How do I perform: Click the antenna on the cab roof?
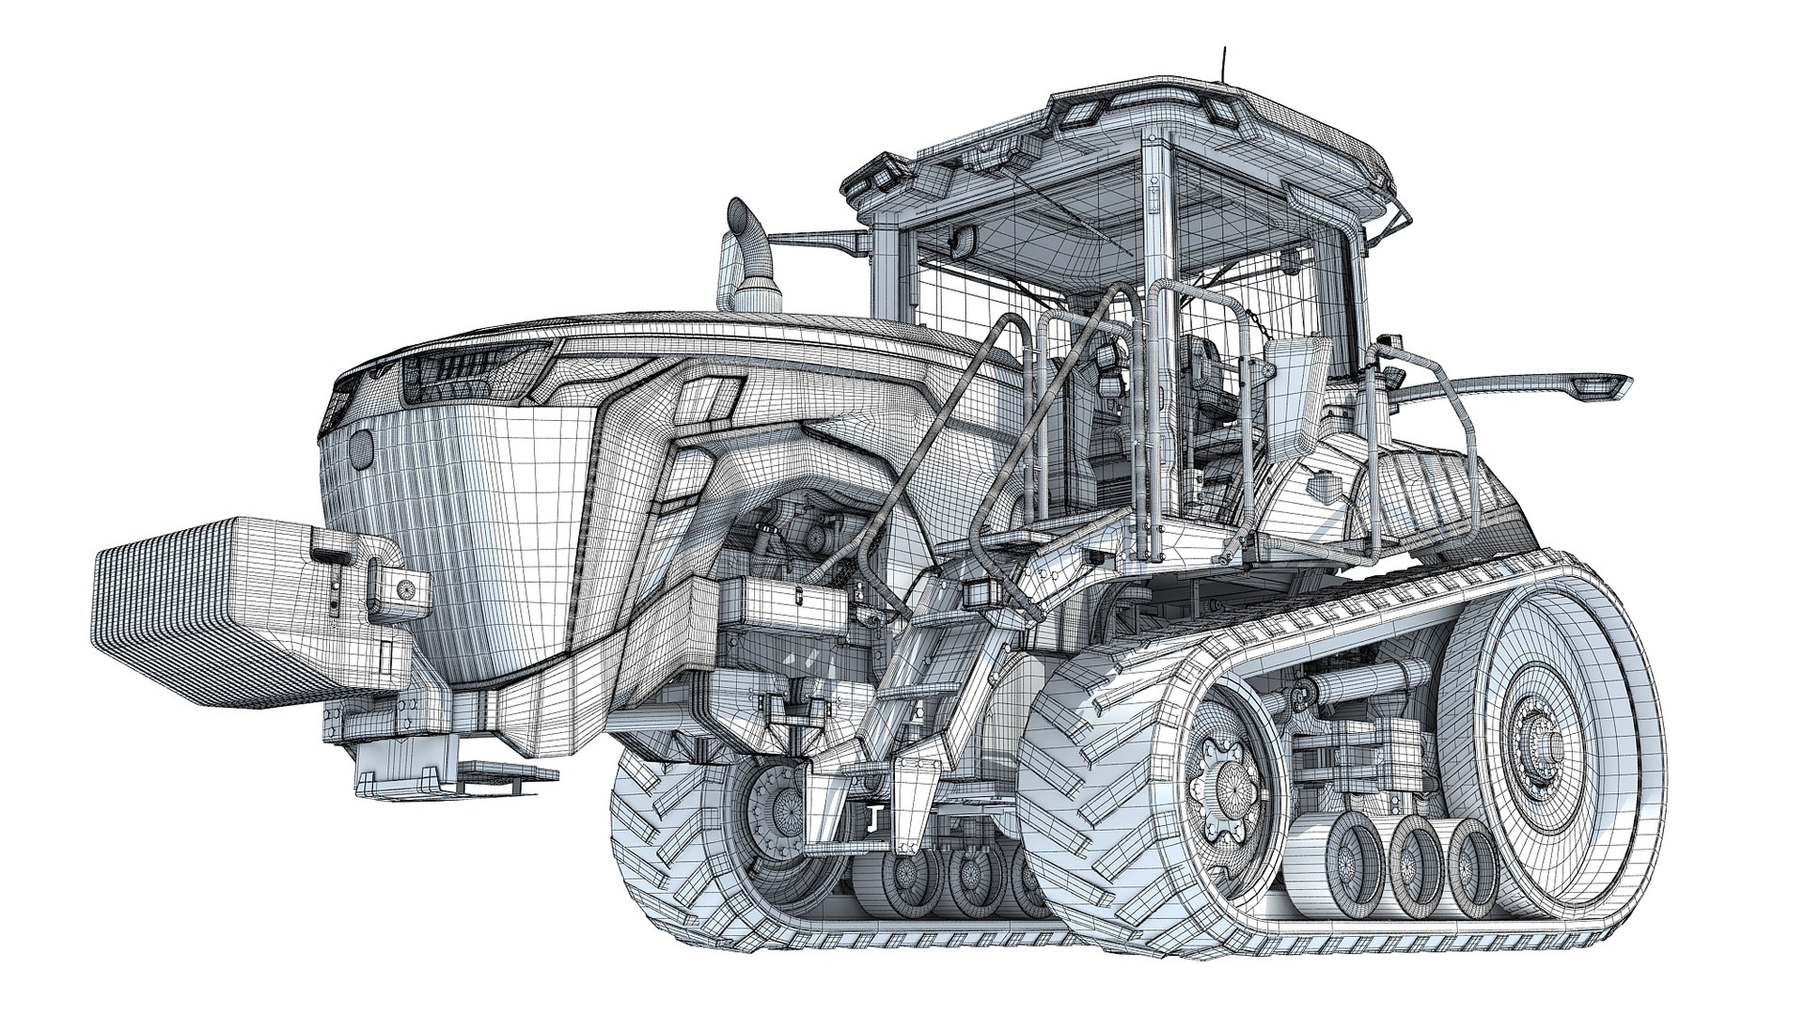click(1223, 66)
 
